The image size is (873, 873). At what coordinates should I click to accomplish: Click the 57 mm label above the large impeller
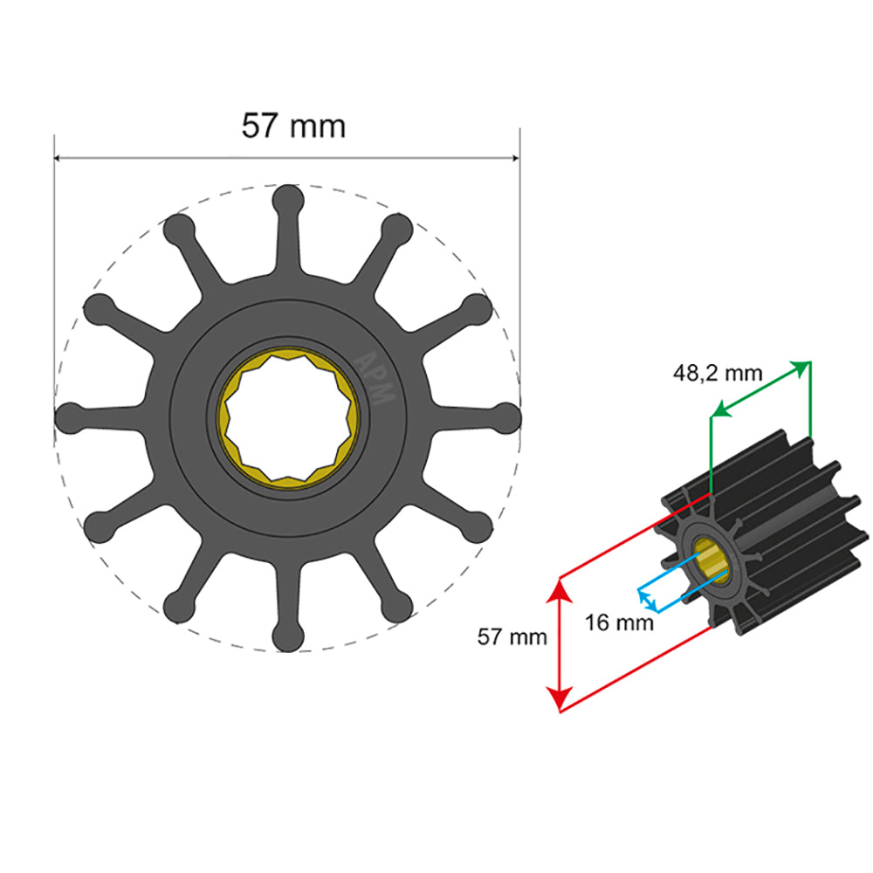coord(293,127)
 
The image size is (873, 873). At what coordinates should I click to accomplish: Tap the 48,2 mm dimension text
coord(717,374)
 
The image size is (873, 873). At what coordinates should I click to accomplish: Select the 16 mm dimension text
coord(618,623)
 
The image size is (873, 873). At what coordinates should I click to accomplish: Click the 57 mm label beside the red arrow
coord(512,636)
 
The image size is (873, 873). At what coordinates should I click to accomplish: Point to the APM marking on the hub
coord(377,376)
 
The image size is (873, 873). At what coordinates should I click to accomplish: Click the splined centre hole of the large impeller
coord(288,418)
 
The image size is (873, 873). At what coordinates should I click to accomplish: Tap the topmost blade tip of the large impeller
coord(288,198)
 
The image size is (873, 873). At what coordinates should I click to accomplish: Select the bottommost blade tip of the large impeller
coord(288,638)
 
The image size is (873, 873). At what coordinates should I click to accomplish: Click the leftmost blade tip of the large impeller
coord(69,418)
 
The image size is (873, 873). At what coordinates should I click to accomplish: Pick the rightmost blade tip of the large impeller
coord(507,418)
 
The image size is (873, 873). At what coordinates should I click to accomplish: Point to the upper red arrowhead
coord(560,590)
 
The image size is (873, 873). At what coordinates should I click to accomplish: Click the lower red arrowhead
coord(560,699)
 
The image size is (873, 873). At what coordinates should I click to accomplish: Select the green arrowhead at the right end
coord(801,367)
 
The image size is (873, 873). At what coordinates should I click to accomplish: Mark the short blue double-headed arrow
coord(647,600)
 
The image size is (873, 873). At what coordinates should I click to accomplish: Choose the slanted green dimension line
coord(760,388)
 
